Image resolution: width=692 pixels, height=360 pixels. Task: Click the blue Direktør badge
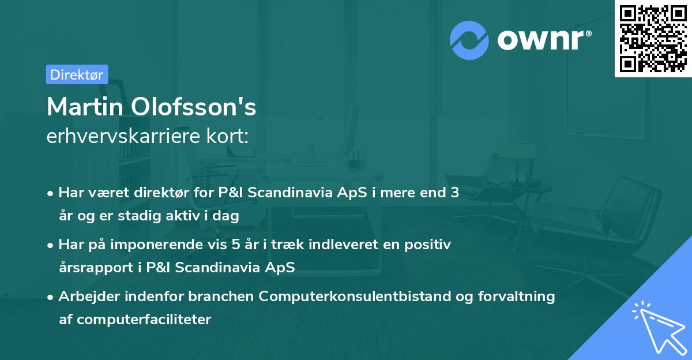[x=77, y=74]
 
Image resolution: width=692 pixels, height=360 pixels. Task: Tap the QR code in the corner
[x=652, y=38]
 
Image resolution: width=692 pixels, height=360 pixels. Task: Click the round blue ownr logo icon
[x=469, y=40]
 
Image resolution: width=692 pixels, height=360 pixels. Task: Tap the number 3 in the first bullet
[x=454, y=193]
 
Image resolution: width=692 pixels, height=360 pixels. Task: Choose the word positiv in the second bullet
[x=430, y=245]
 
